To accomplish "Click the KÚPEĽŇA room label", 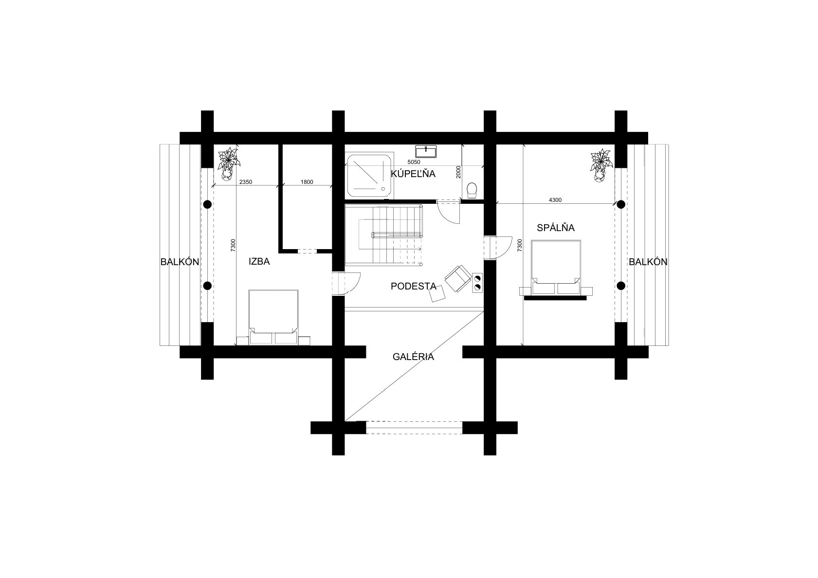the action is click(x=413, y=173).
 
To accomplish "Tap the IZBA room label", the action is click(x=259, y=261).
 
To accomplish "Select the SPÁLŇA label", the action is click(x=555, y=228).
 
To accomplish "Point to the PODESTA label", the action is click(x=414, y=286).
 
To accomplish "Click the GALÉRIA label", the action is click(x=413, y=357).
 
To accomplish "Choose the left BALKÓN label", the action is click(x=180, y=262).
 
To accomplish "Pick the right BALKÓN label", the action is click(x=648, y=262).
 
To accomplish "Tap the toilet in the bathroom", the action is click(x=472, y=190).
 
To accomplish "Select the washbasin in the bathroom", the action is click(x=426, y=151).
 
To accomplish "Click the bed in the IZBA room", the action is click(x=273, y=317).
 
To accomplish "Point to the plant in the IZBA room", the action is click(x=228, y=163).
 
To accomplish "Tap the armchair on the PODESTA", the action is click(x=457, y=278).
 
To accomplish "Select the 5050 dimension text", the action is click(x=414, y=162).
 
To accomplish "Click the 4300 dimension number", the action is click(x=555, y=200).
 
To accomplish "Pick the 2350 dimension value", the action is click(x=245, y=182).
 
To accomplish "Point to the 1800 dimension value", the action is click(x=307, y=182).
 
